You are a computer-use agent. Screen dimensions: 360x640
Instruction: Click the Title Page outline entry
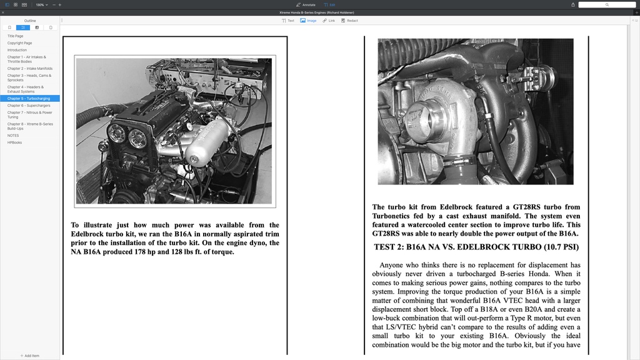coord(16,36)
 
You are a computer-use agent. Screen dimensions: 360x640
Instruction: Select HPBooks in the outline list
coord(14,142)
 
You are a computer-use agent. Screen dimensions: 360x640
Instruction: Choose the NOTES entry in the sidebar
coord(13,136)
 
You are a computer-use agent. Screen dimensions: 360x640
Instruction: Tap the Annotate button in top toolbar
coord(306,4)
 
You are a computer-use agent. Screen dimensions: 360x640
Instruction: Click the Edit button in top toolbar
coord(329,4)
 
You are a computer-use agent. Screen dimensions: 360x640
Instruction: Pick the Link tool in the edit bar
coord(329,21)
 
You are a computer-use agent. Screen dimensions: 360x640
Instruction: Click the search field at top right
coord(606,4)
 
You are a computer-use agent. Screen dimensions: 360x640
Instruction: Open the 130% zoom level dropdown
coord(41,4)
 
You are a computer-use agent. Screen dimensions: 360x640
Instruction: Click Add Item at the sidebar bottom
coord(29,356)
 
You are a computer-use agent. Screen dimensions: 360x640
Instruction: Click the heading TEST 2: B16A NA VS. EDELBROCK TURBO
coord(476,247)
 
